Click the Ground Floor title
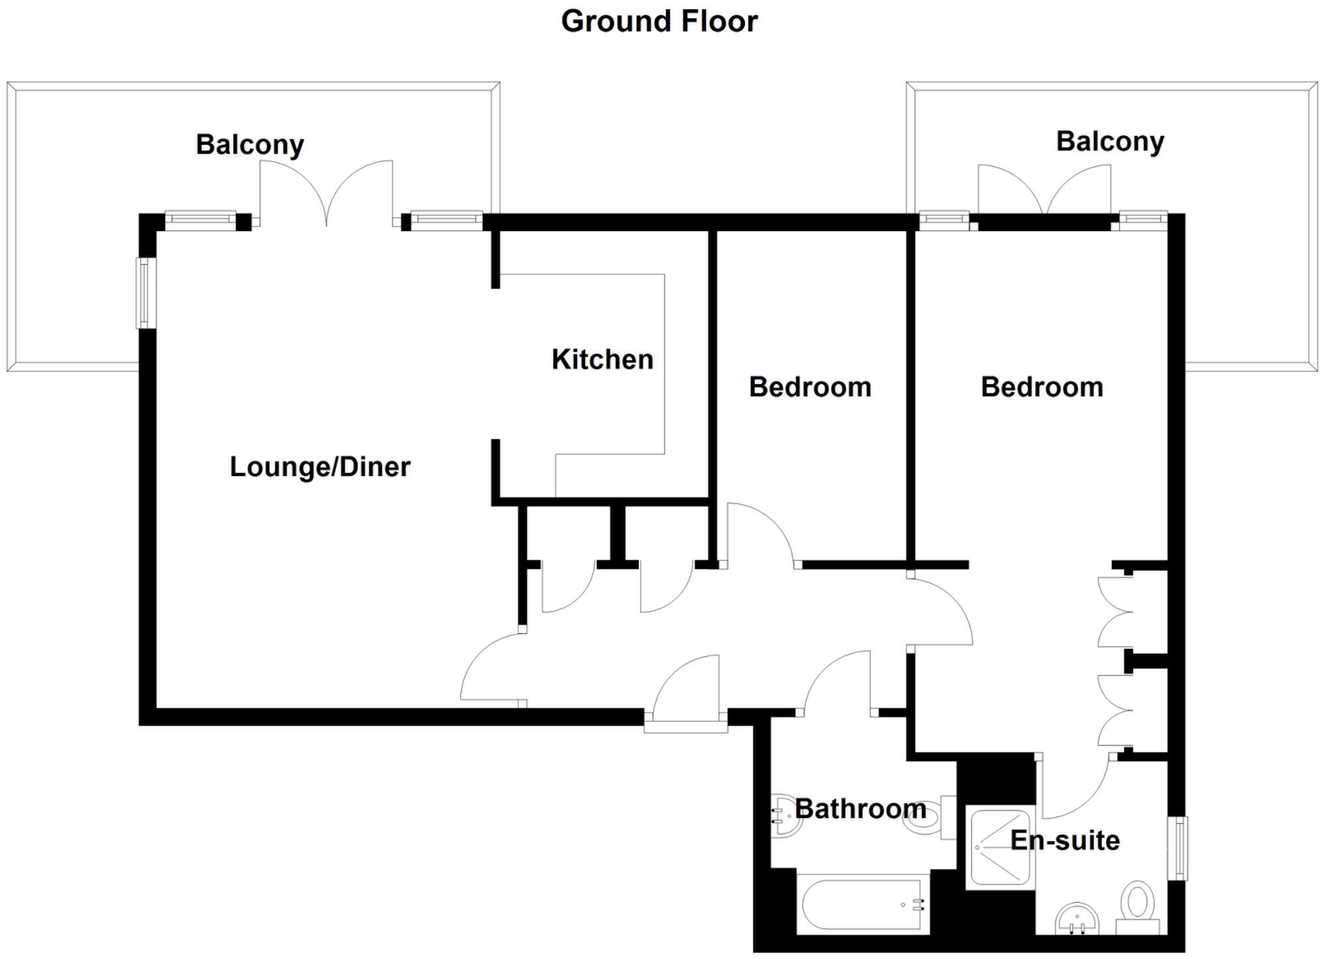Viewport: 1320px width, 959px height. pos(659,21)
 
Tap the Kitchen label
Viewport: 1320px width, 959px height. pos(602,360)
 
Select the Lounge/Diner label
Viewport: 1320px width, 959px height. pos(320,467)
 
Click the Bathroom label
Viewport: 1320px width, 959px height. pos(860,809)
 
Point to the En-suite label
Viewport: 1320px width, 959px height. pos(1065,840)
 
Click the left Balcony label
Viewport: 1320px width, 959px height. pos(250,144)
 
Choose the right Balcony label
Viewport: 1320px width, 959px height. pos(1110,141)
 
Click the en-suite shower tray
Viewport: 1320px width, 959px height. pos(999,847)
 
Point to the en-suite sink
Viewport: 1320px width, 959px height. pos(1077,921)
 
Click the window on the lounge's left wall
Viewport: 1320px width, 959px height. pos(146,292)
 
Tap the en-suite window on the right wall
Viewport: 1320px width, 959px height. pos(1177,848)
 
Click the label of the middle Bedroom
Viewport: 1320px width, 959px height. pos(810,387)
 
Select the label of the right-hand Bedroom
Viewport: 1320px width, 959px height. pos(1042,387)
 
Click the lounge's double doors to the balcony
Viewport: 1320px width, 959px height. pos(326,195)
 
